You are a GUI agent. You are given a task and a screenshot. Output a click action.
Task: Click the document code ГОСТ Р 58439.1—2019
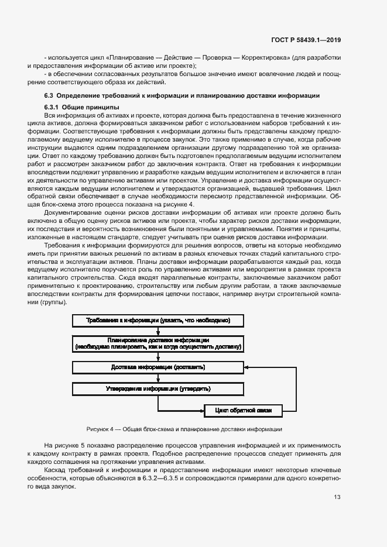coord(308,40)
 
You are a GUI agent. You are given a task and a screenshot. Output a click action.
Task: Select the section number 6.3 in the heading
coord(49,95)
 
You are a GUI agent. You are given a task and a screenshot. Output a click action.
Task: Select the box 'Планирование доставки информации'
coord(158,343)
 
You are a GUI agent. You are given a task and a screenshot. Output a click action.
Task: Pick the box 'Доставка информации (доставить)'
coord(158,367)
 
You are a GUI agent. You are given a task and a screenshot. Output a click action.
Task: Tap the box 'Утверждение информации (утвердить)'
coord(158,388)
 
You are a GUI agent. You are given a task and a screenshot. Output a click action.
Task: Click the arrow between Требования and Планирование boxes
coord(158,331)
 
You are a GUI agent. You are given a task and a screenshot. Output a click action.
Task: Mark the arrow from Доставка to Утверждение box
coord(158,378)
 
